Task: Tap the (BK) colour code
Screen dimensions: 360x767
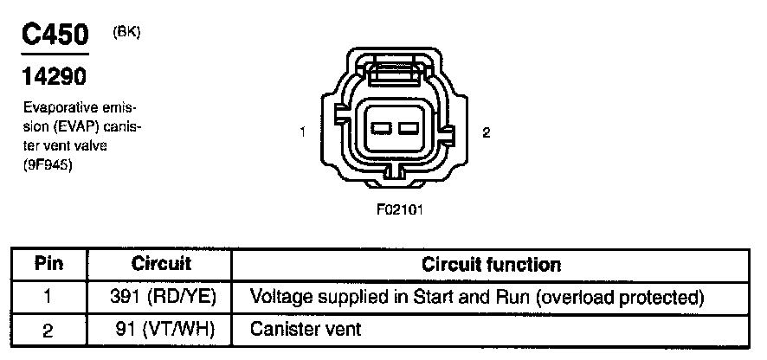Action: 126,32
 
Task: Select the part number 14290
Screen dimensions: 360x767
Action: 54,77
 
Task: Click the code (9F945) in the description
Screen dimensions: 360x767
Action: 48,166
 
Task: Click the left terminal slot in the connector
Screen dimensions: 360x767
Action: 382,129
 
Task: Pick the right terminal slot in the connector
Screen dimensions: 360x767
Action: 409,129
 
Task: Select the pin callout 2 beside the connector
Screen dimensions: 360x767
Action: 486,132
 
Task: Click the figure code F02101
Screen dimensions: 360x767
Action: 399,209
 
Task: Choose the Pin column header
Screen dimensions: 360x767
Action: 48,264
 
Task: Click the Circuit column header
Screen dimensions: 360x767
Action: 161,264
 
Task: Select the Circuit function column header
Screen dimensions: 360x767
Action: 491,264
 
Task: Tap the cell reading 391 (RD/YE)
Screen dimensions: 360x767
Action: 161,297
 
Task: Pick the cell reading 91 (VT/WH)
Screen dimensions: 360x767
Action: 161,329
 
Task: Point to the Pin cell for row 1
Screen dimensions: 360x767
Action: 48,297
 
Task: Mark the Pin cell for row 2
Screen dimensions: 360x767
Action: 48,329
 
